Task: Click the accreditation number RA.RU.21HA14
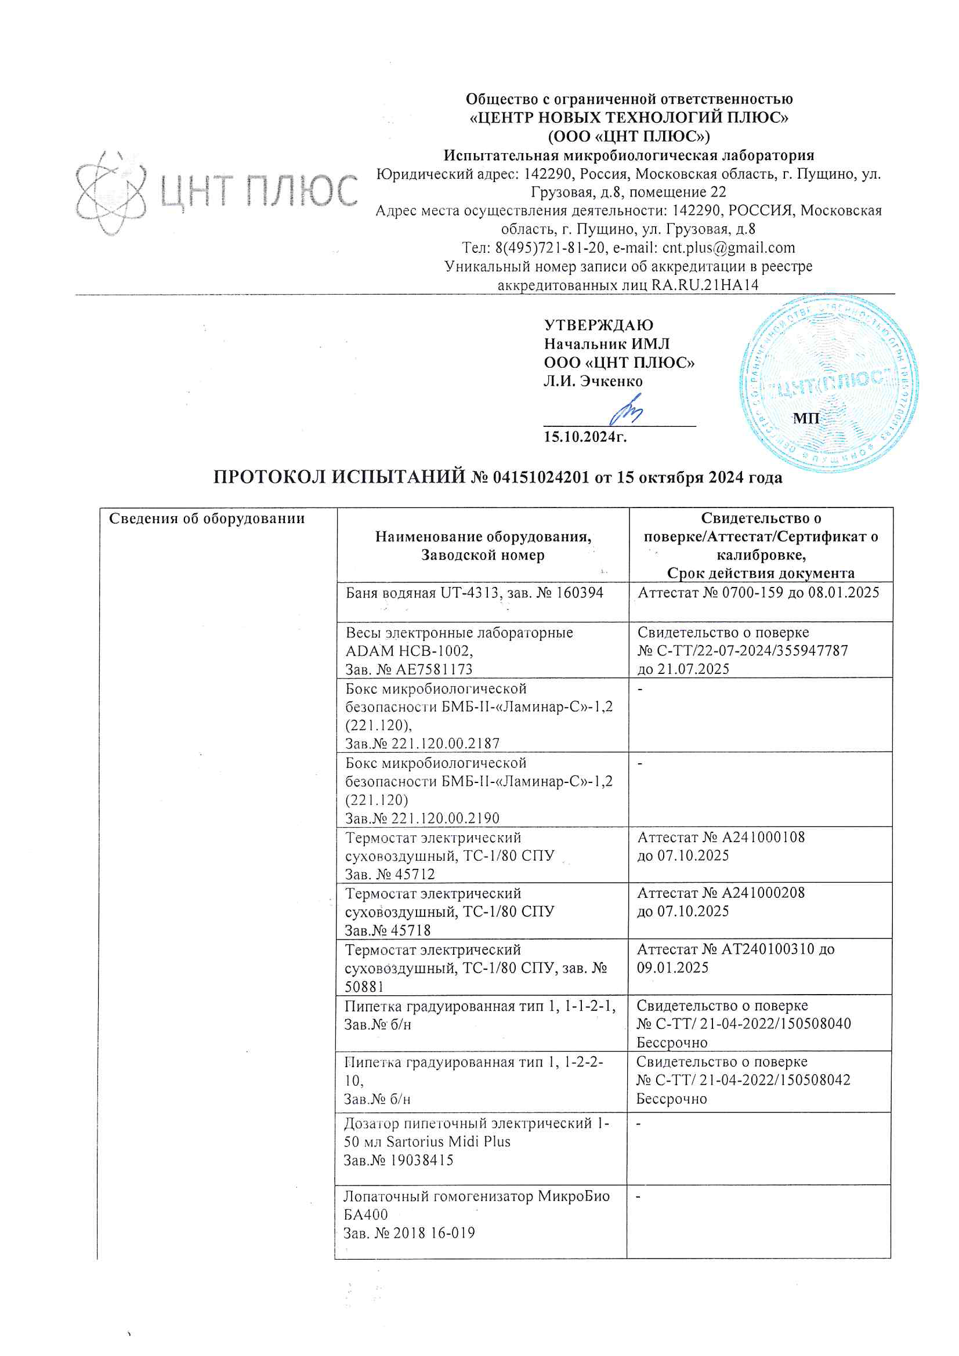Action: [704, 285]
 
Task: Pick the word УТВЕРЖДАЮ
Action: [598, 325]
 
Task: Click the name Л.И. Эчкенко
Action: [593, 382]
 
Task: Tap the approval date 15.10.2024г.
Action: [585, 437]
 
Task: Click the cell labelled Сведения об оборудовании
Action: [207, 519]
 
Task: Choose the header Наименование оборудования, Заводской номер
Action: [483, 546]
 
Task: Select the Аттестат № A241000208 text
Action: [721, 893]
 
